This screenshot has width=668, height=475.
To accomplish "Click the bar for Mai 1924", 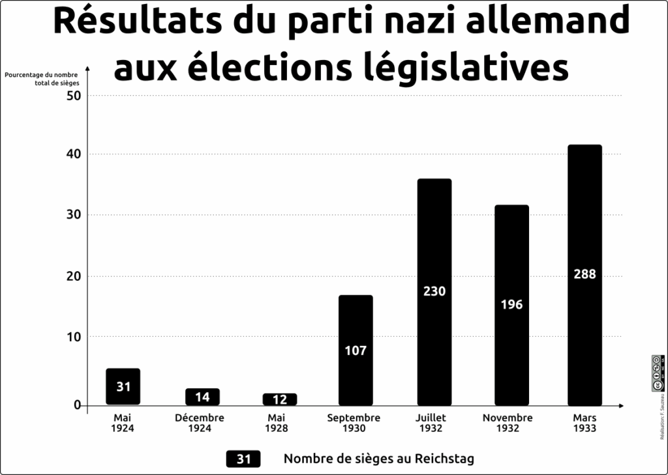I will [x=123, y=386].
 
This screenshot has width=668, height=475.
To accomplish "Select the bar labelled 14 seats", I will [x=202, y=397].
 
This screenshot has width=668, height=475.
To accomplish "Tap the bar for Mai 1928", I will [x=280, y=399].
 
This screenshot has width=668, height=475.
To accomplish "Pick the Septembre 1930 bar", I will [x=356, y=350].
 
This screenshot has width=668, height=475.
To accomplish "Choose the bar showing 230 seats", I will [x=434, y=291].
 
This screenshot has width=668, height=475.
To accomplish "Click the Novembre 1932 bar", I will [x=511, y=304].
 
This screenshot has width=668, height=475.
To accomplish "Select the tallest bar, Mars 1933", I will [x=584, y=274].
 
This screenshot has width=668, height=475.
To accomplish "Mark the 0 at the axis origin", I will [x=77, y=405].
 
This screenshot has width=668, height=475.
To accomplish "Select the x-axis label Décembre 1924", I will [x=200, y=423].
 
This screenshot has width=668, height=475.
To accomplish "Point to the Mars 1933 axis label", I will [x=584, y=423].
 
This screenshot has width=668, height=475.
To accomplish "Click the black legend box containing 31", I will [x=243, y=459].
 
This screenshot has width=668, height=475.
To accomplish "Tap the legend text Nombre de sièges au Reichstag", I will [x=378, y=459].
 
